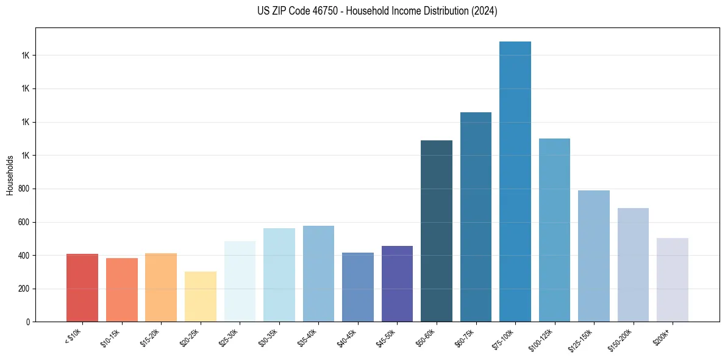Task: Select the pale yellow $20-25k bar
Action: [x=201, y=297]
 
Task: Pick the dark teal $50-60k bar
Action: [x=437, y=231]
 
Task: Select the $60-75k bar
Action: [x=476, y=217]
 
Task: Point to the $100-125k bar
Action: [x=554, y=230]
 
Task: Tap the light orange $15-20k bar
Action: [x=161, y=287]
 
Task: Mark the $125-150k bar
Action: [x=594, y=256]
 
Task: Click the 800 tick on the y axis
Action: [x=24, y=189]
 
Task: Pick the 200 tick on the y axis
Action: [x=24, y=289]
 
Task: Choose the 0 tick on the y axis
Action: [x=27, y=322]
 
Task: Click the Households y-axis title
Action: [x=10, y=175]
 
